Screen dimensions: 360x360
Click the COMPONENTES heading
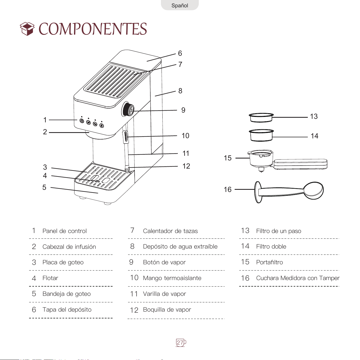tap(93, 29)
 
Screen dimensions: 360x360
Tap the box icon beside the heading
tap(27, 29)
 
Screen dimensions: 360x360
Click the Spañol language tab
tap(180, 5)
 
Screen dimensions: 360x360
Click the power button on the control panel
tap(82, 121)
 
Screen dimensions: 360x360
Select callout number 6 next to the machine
tap(180, 53)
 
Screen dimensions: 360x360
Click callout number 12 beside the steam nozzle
tap(186, 166)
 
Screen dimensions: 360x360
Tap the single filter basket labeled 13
tap(261, 117)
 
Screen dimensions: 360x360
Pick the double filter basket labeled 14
tap(261, 135)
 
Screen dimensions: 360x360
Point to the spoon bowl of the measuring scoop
tap(314, 191)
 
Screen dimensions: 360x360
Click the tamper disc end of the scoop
tap(257, 192)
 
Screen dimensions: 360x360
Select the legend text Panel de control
tap(64, 231)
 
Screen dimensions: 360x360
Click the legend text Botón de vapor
tap(164, 262)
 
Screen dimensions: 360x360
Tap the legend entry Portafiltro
tap(269, 262)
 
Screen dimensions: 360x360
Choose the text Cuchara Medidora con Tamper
tap(298, 278)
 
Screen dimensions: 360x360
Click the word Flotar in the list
tap(50, 278)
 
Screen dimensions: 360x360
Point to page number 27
tap(180, 343)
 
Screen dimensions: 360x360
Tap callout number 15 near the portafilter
tap(228, 158)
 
